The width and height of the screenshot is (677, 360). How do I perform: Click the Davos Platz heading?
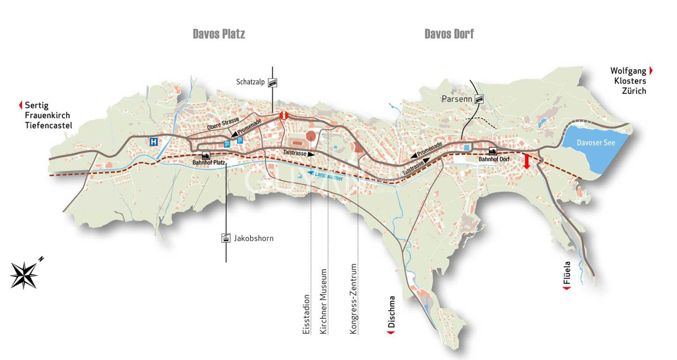pyautogui.click(x=219, y=34)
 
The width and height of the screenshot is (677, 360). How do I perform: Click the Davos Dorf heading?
pyautogui.click(x=449, y=34)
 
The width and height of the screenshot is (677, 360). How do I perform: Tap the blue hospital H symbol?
pyautogui.click(x=154, y=141)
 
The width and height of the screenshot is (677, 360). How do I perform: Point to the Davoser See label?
pyautogui.click(x=596, y=142)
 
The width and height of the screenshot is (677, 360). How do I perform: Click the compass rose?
pyautogui.click(x=24, y=275)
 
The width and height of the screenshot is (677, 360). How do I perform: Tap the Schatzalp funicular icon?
pyautogui.click(x=273, y=82)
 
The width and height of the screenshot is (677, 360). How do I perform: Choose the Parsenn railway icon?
pyautogui.click(x=479, y=99)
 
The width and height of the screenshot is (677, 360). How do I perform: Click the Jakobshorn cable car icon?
pyautogui.click(x=226, y=238)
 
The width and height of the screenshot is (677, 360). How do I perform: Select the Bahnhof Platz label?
pyautogui.click(x=209, y=162)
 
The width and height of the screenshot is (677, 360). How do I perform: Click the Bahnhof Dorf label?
pyautogui.click(x=493, y=158)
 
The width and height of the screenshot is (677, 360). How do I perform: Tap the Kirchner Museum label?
pyautogui.click(x=323, y=301)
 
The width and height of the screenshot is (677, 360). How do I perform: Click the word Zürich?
pyautogui.click(x=634, y=91)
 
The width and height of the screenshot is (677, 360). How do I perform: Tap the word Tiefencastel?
pyautogui.click(x=48, y=125)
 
